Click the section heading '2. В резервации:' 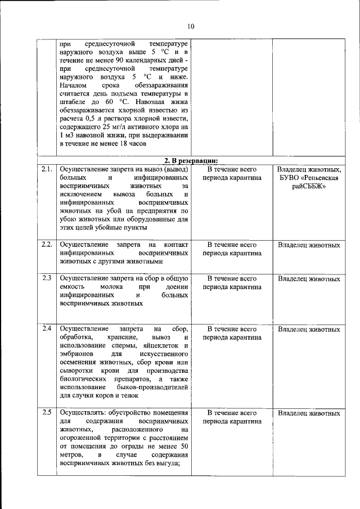tap(190, 160)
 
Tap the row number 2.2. tap(47, 245)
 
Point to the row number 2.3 tap(47, 278)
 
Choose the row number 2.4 tap(47, 328)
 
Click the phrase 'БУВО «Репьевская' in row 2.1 tap(309, 178)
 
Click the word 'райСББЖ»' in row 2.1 tap(309, 187)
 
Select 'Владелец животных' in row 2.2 tap(309, 245)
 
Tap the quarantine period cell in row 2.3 tap(232, 282)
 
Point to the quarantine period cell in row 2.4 tap(232, 333)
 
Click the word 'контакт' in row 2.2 tap(175, 245)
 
